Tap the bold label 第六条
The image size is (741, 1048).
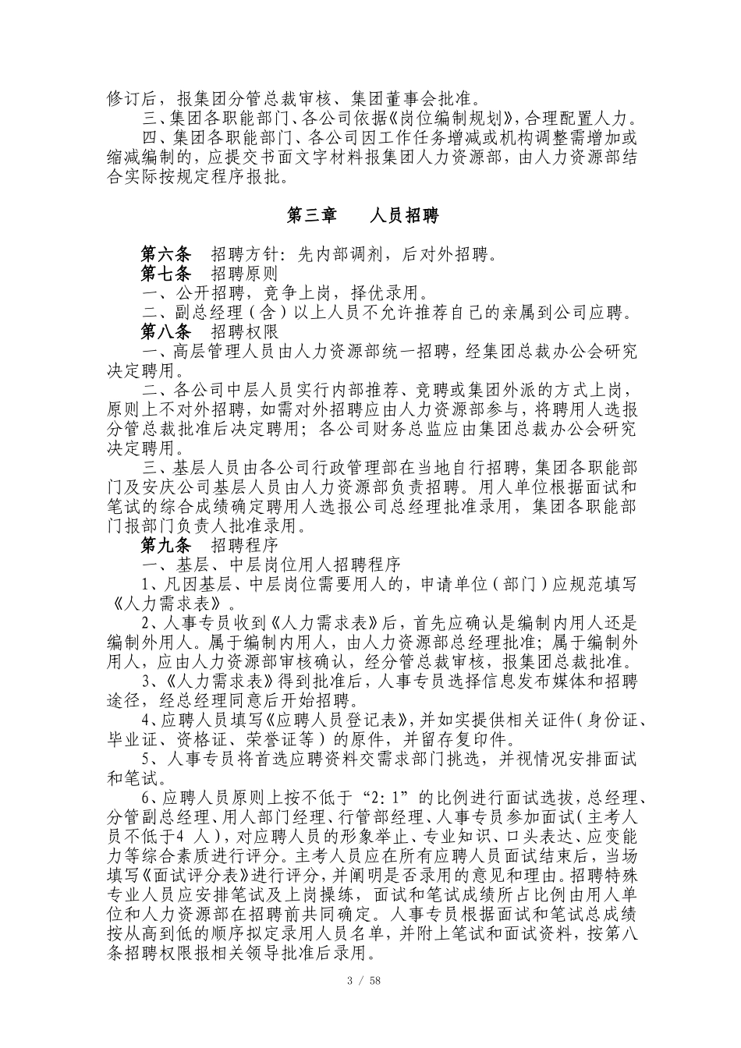point(165,254)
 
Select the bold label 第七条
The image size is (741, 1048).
point(165,274)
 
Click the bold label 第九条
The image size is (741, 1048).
point(165,543)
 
